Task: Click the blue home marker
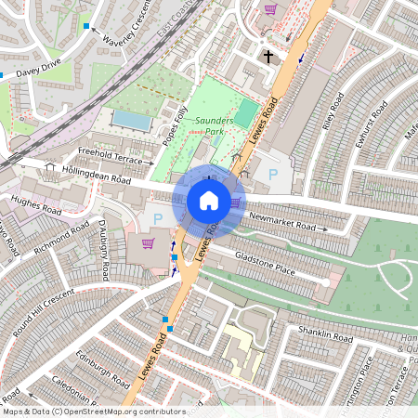209,201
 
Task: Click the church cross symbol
268,58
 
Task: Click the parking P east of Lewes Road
272,174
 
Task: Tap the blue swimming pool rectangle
129,120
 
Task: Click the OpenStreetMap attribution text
93,411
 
